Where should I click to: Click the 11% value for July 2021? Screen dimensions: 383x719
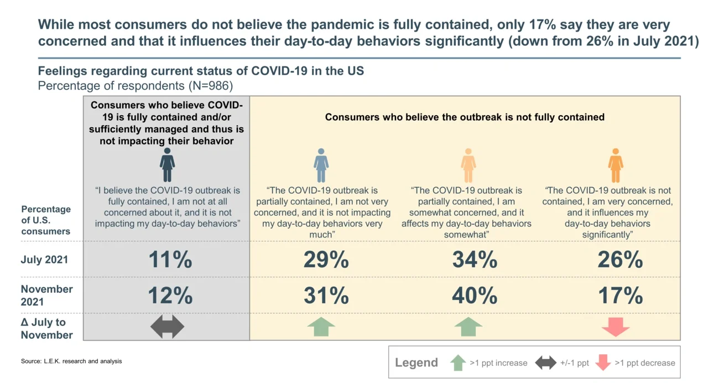click(x=170, y=260)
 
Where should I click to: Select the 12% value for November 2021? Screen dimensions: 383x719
click(x=170, y=296)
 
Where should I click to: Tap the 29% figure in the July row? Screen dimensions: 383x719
click(x=326, y=260)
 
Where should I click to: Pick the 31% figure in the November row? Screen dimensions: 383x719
click(x=326, y=296)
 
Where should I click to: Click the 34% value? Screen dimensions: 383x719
click(x=475, y=260)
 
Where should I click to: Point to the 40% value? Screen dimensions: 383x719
click(x=475, y=296)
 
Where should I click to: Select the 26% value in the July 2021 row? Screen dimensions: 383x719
click(x=620, y=260)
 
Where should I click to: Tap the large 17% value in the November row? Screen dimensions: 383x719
click(x=620, y=296)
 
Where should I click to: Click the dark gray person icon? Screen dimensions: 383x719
click(x=167, y=165)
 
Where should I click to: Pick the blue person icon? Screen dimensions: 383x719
click(x=321, y=165)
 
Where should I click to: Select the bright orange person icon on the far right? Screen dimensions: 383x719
click(x=616, y=165)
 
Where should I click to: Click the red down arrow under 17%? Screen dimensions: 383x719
click(x=616, y=327)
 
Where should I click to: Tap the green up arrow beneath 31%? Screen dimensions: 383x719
click(x=321, y=327)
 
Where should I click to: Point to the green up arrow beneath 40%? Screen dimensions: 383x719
click(x=468, y=327)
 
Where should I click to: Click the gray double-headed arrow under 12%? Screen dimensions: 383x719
click(x=167, y=327)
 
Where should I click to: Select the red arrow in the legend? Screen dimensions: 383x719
click(x=602, y=363)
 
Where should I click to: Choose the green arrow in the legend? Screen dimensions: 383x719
click(x=458, y=363)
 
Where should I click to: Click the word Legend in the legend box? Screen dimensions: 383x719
click(x=416, y=363)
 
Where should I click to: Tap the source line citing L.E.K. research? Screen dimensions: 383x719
click(x=71, y=361)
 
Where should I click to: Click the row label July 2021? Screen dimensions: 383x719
click(x=44, y=260)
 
